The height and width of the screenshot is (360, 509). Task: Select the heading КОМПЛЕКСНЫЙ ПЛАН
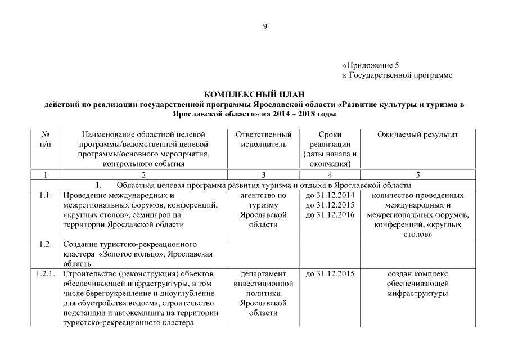(255, 95)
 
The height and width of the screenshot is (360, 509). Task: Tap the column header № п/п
(44, 139)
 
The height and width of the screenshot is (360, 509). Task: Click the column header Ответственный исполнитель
(263, 139)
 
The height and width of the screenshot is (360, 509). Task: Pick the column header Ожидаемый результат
(417, 135)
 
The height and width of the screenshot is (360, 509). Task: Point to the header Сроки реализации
(330, 139)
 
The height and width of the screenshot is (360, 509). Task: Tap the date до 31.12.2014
(330, 196)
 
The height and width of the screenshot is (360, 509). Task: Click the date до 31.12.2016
(330, 215)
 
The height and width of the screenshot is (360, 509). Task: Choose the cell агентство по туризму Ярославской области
(263, 210)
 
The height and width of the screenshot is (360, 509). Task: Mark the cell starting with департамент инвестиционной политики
(263, 293)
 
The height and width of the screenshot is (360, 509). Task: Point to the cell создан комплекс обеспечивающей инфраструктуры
(417, 283)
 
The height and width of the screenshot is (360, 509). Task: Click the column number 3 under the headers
(263, 174)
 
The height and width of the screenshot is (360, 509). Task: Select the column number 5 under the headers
(417, 174)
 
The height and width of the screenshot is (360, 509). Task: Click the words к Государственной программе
(397, 75)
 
